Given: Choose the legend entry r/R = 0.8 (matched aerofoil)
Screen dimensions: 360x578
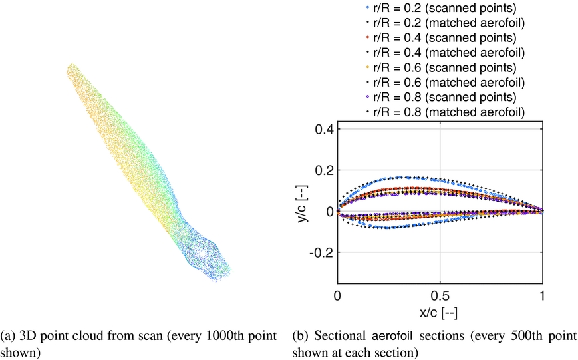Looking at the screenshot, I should point(445,111).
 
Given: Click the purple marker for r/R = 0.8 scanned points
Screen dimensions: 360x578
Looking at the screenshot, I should point(367,96).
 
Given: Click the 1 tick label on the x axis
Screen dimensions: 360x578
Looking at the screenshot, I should point(542,295).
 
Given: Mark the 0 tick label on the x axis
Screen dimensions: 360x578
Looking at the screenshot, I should point(338,295).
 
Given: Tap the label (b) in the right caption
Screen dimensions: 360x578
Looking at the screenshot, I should point(300,335).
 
